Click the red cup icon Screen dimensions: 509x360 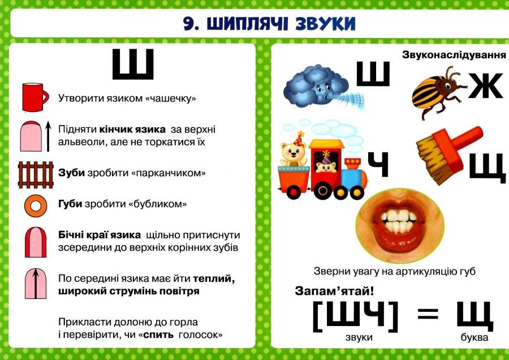point(34,97)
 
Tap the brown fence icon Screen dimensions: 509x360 point(36,175)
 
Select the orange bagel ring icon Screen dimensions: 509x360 point(36,205)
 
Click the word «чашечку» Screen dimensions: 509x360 point(171,98)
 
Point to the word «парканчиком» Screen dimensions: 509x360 point(169,173)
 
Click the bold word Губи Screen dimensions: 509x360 point(70,204)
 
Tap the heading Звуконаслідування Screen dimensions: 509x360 point(454,54)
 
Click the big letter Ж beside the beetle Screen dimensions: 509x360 point(485,86)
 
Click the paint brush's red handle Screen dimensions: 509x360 point(461,139)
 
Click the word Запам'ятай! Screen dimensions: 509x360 point(334,290)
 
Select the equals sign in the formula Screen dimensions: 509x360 point(428,314)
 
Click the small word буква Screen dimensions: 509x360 point(475,337)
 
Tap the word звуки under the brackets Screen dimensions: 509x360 point(359,337)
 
